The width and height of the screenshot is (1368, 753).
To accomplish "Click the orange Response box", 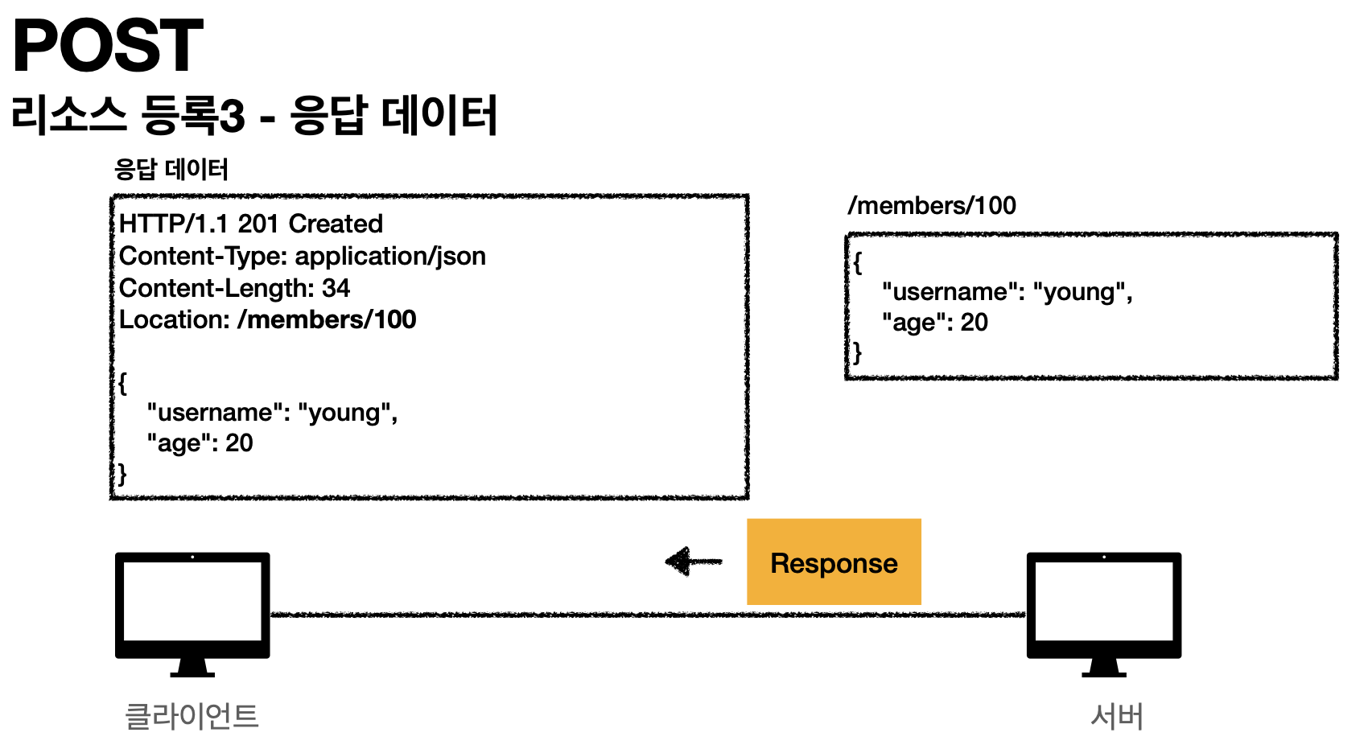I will click(x=834, y=562).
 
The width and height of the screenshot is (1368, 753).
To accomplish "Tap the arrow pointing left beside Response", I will click(x=693, y=562).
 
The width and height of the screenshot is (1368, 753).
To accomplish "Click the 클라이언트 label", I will click(x=192, y=716).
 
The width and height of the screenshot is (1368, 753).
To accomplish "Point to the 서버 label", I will click(x=1116, y=716).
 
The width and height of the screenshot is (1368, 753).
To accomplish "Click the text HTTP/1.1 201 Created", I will click(x=251, y=224).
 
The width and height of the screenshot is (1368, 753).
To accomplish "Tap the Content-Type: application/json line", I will click(x=302, y=256).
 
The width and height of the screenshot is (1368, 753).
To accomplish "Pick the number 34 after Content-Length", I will click(x=336, y=288).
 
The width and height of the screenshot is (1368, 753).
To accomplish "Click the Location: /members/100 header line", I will click(x=267, y=319).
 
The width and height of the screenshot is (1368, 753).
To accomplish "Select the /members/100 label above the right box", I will click(x=932, y=206).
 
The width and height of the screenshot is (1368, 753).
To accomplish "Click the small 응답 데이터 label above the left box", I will click(x=171, y=170).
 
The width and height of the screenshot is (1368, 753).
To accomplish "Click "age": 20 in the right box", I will click(x=934, y=323).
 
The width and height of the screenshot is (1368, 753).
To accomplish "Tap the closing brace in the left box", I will click(x=122, y=473).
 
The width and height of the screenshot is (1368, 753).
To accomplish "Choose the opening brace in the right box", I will click(x=858, y=262).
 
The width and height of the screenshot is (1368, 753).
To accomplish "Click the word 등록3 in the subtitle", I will click(x=193, y=116).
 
